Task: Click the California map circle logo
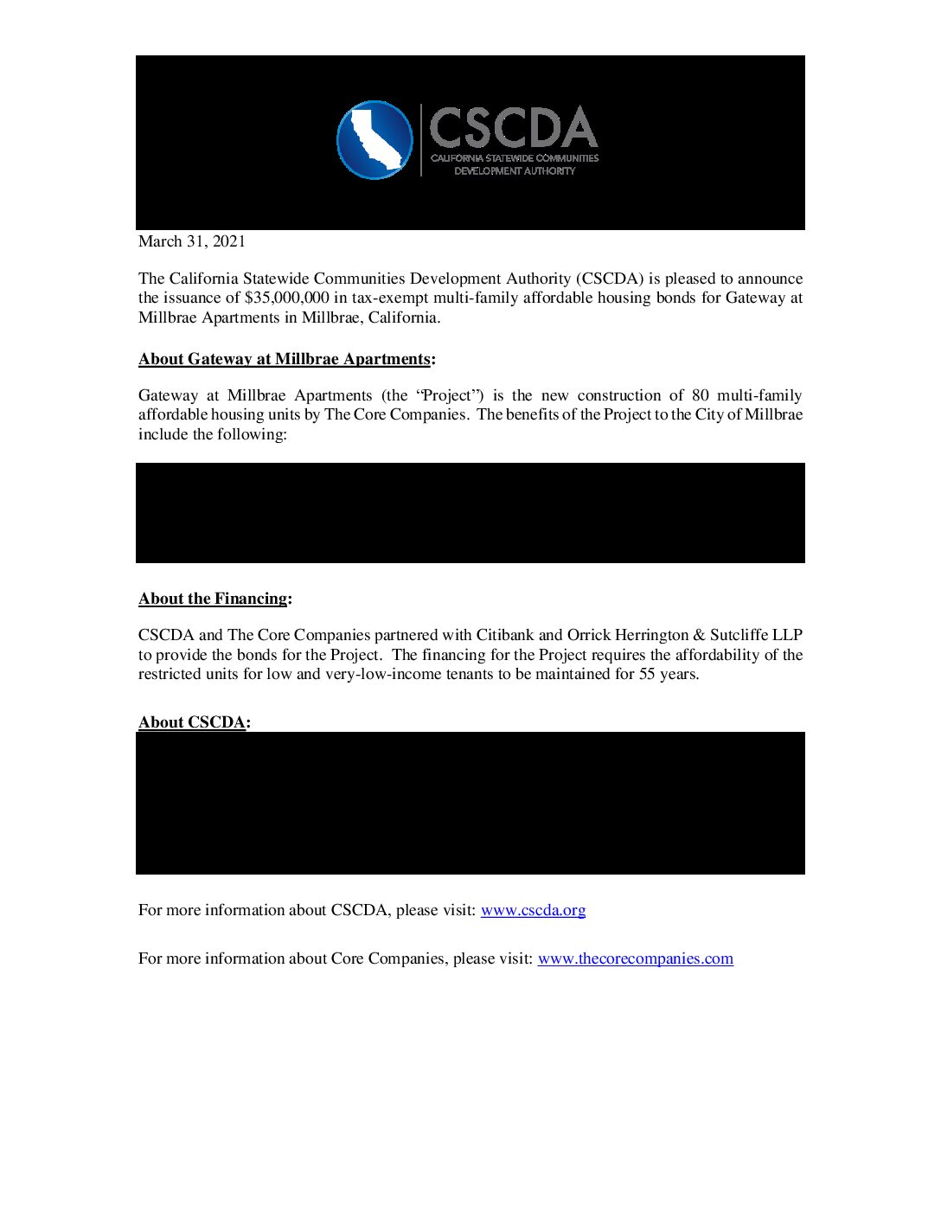(374, 140)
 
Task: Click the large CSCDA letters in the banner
(514, 128)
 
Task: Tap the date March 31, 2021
(192, 241)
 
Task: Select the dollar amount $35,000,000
(286, 298)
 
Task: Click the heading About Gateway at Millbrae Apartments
(285, 359)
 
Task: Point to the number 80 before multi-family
(700, 395)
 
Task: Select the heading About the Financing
(213, 599)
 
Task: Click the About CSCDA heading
(192, 722)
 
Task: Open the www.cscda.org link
(533, 910)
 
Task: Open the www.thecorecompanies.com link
(635, 958)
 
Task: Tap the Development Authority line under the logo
(515, 171)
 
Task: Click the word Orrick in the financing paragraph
(588, 635)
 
